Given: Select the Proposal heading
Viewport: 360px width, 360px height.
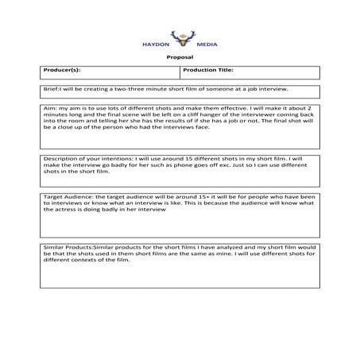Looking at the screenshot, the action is pos(180,58).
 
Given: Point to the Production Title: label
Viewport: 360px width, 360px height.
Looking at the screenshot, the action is pos(208,71).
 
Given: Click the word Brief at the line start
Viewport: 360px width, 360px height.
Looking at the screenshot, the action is pos(51,90).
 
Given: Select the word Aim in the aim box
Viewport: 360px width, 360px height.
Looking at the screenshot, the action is pos(49,107).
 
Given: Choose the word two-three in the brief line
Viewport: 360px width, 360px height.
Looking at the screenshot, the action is pos(137,90).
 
